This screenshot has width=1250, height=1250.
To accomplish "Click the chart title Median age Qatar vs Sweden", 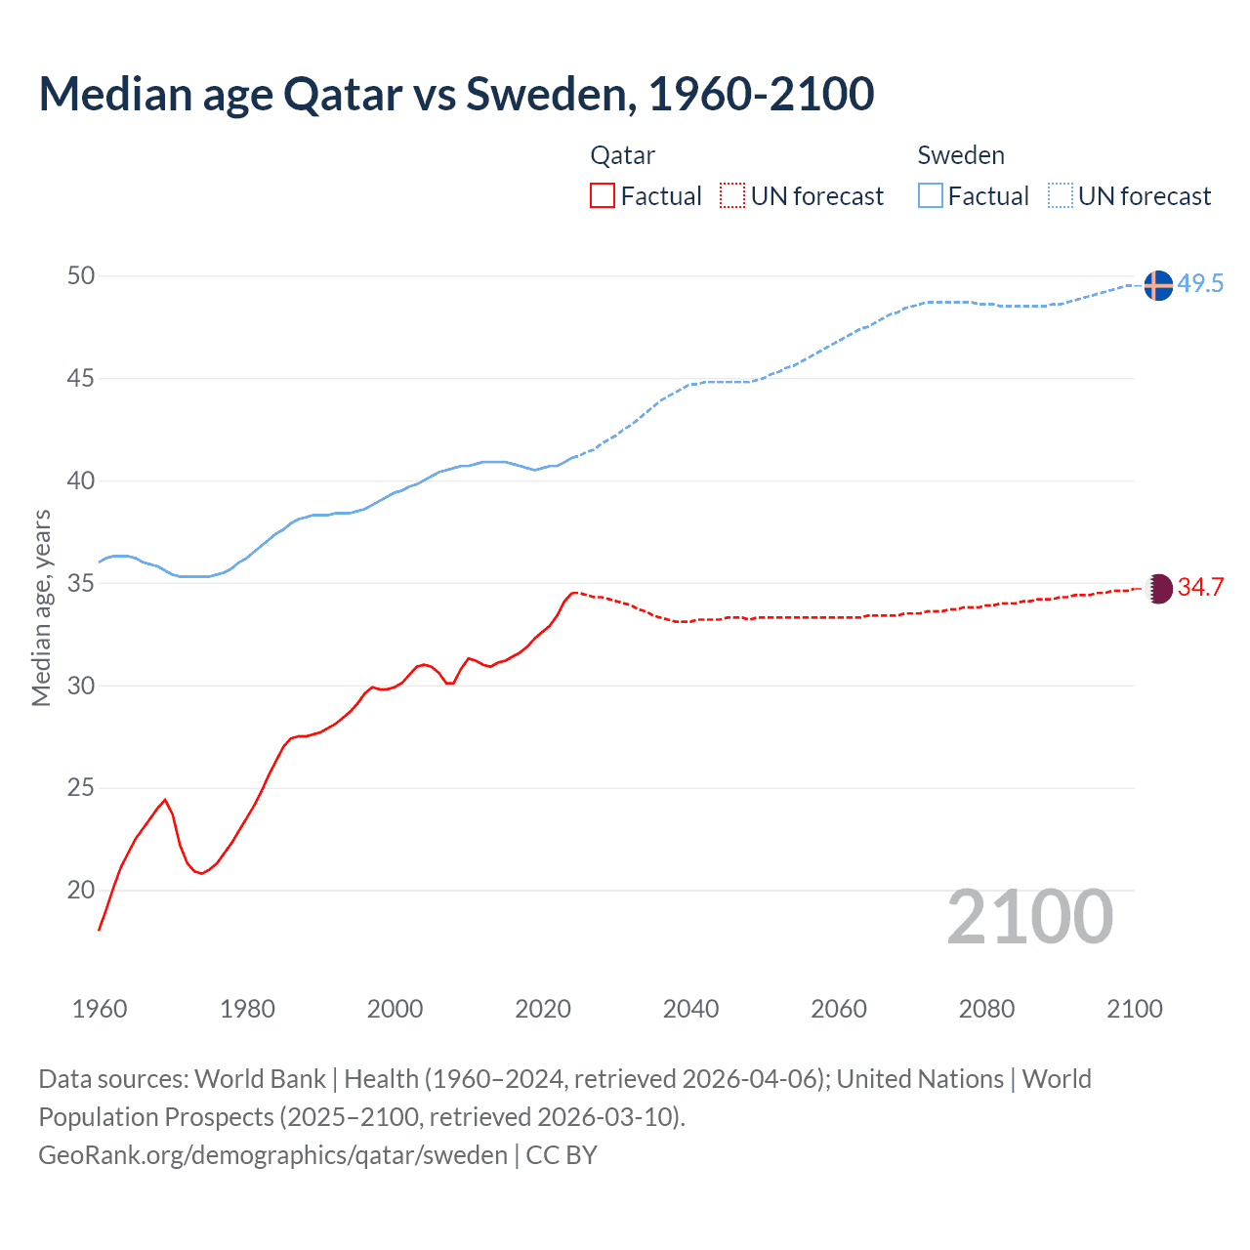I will coord(456,94).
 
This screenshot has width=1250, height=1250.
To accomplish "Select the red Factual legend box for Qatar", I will coord(603,195).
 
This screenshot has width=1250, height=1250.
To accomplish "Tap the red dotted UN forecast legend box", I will coord(732,195).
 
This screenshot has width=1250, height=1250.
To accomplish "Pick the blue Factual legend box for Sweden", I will coord(931,195).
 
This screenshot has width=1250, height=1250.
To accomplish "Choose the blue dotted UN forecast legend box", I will coord(1061,195).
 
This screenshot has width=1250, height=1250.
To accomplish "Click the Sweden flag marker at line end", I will coord(1158,285).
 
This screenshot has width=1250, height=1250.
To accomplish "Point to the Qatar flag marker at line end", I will coord(1158,588).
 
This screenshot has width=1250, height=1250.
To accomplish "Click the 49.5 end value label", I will coord(1200,284).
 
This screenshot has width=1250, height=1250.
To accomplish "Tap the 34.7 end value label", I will coord(1200,587).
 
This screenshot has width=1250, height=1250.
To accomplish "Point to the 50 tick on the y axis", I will coord(81,276).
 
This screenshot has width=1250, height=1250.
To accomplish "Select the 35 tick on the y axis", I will coord(81,583).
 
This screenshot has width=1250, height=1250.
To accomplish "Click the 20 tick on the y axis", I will coord(81,890).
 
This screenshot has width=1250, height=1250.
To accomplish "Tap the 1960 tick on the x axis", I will coord(100,1009).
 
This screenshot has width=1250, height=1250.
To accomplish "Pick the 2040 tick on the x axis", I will coord(690,1009).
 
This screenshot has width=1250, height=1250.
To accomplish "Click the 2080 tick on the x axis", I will coord(986,1009).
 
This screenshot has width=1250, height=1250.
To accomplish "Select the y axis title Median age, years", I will coord(41,607).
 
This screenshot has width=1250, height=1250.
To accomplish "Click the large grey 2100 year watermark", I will coord(1030,916).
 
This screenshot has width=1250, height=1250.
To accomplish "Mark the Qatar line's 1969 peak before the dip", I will coord(165,800).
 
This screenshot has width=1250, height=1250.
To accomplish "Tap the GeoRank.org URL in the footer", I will coord(272,1155).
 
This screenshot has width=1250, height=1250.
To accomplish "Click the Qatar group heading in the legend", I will coord(622,155).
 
